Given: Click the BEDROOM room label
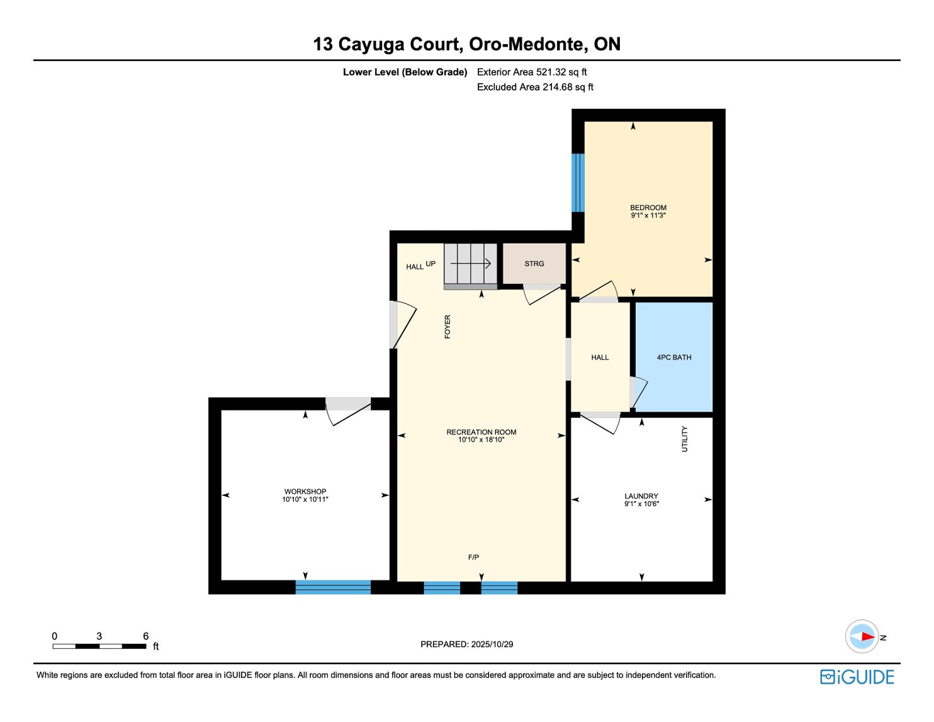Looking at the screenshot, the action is click(x=648, y=208).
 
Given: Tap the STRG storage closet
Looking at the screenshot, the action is click(x=534, y=264).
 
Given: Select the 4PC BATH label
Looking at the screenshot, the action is click(x=674, y=357).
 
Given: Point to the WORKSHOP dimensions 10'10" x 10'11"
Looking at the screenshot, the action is click(x=305, y=499).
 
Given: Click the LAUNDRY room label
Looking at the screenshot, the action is click(x=641, y=496).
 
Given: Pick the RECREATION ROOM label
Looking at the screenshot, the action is click(x=481, y=432).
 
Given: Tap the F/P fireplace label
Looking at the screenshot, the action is click(x=473, y=558).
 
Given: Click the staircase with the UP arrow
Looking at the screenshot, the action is click(x=471, y=266).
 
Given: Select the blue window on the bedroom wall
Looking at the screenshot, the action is click(x=578, y=183).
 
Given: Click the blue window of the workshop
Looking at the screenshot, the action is click(x=333, y=587).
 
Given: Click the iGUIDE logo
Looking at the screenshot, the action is click(x=857, y=677).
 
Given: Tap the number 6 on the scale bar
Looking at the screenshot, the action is click(x=146, y=636).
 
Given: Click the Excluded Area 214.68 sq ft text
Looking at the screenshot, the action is click(x=535, y=87).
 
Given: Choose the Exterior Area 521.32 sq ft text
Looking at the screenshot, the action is click(x=532, y=72).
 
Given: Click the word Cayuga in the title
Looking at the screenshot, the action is click(x=371, y=44).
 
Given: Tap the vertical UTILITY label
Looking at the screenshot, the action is click(x=685, y=439).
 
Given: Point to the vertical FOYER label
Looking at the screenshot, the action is click(x=447, y=327).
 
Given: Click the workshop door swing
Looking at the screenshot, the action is click(x=348, y=412).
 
